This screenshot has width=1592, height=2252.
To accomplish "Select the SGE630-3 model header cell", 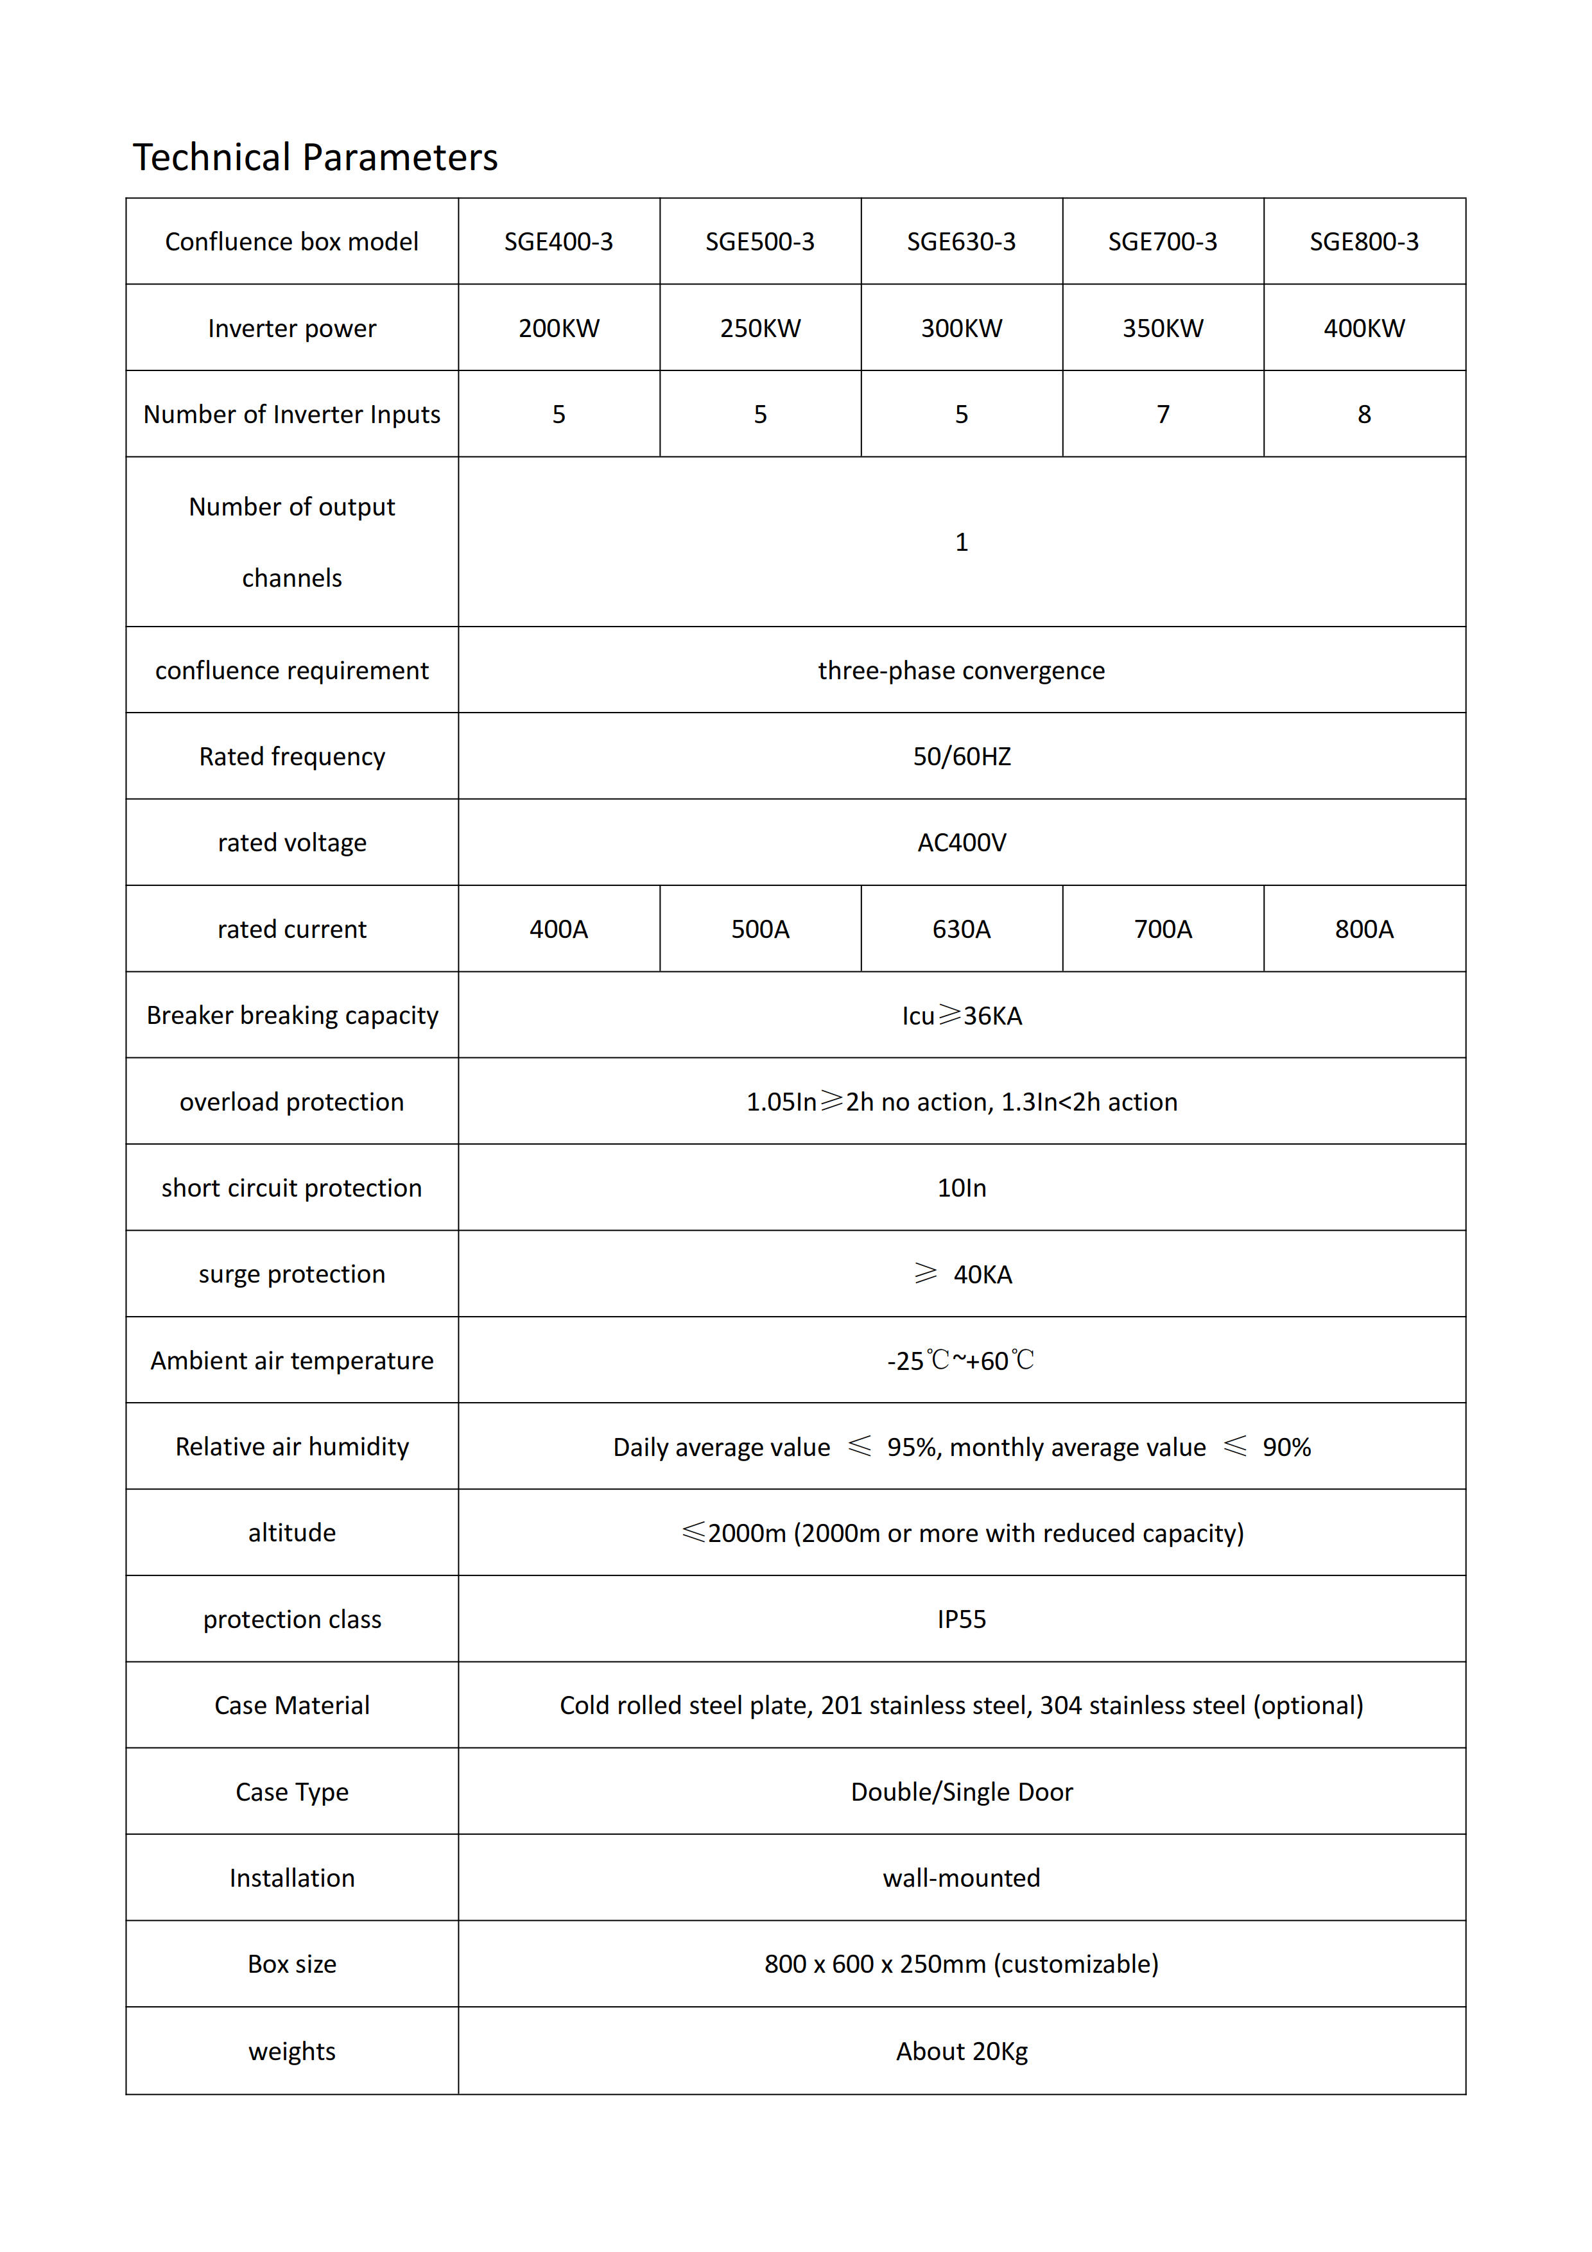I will click(960, 241).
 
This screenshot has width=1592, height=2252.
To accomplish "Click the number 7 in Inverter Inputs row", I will click(1163, 414).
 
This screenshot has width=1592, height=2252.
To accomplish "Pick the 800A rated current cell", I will click(1363, 929).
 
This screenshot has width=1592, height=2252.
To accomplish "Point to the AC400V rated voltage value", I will click(961, 842).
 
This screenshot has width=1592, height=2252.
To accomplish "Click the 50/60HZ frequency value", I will click(961, 756).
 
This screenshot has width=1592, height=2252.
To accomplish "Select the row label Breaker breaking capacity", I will click(292, 1015).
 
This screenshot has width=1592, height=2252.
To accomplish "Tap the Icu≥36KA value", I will click(961, 1015).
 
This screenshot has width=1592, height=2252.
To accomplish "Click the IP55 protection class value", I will click(961, 1620).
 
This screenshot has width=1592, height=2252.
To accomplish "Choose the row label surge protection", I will click(292, 1274).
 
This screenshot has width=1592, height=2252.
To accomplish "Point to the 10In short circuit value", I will click(961, 1188).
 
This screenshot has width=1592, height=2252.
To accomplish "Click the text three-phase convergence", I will click(961, 670).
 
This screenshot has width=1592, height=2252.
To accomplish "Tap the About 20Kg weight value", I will click(961, 2051).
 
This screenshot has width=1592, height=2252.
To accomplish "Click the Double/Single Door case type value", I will click(961, 1792).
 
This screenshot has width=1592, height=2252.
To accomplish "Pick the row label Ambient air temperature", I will click(292, 1360).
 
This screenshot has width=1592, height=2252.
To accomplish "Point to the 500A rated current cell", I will click(760, 929).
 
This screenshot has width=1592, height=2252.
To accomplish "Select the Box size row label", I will click(292, 1964).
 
